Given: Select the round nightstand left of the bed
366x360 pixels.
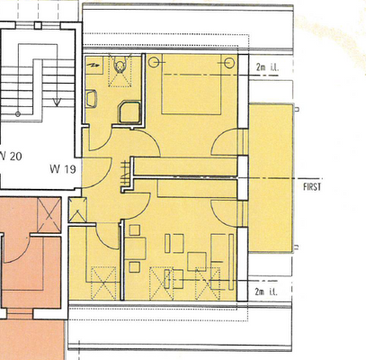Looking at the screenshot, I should pyautogui.click(x=153, y=63).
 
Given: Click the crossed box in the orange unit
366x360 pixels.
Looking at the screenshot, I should pyautogui.click(x=44, y=215).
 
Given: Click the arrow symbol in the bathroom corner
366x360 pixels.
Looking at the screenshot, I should pyautogui.click(x=94, y=65).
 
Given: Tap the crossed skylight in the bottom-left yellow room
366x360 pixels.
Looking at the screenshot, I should pyautogui.click(x=104, y=283).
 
